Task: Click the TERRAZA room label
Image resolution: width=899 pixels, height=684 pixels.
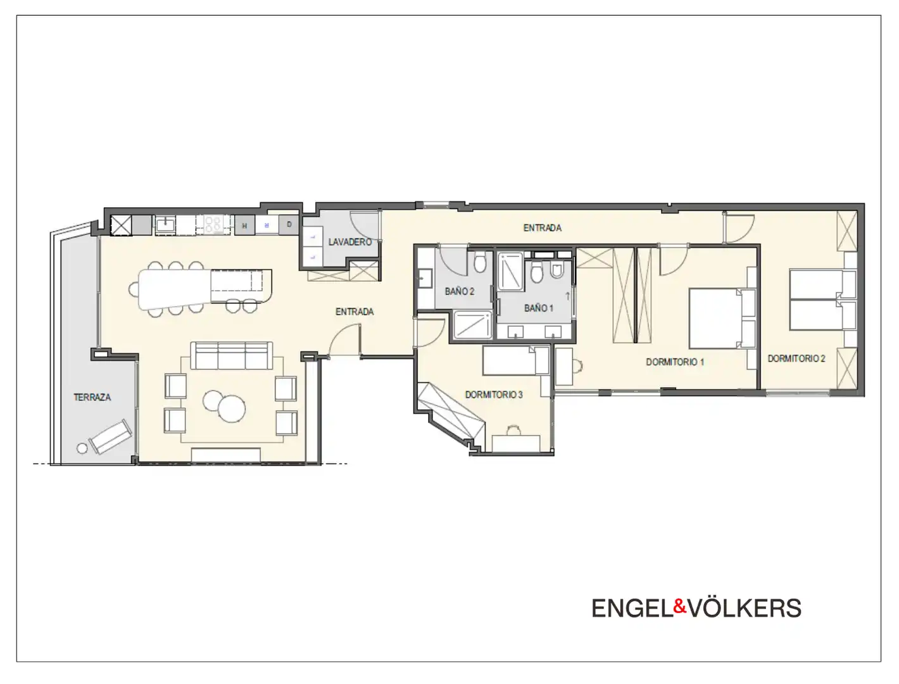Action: click(92, 397)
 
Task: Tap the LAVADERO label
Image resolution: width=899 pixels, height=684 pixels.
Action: click(349, 242)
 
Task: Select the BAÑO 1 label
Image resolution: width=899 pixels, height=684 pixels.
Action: click(539, 308)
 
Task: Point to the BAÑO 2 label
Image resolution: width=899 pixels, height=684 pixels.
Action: click(460, 291)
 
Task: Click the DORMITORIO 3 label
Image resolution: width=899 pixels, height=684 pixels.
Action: click(494, 395)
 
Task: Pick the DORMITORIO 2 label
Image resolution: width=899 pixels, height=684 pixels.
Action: click(796, 358)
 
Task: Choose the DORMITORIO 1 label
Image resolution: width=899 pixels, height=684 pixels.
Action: click(675, 362)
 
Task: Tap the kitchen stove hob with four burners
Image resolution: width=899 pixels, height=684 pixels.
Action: click(213, 225)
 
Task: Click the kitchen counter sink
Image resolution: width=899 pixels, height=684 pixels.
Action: click(165, 225)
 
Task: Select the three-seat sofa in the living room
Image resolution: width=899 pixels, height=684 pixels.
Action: click(232, 355)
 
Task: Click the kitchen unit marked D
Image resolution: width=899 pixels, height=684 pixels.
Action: click(289, 224)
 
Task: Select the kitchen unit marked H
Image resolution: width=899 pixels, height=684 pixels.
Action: click(244, 225)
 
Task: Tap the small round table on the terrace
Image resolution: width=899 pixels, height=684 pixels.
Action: click(82, 448)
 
